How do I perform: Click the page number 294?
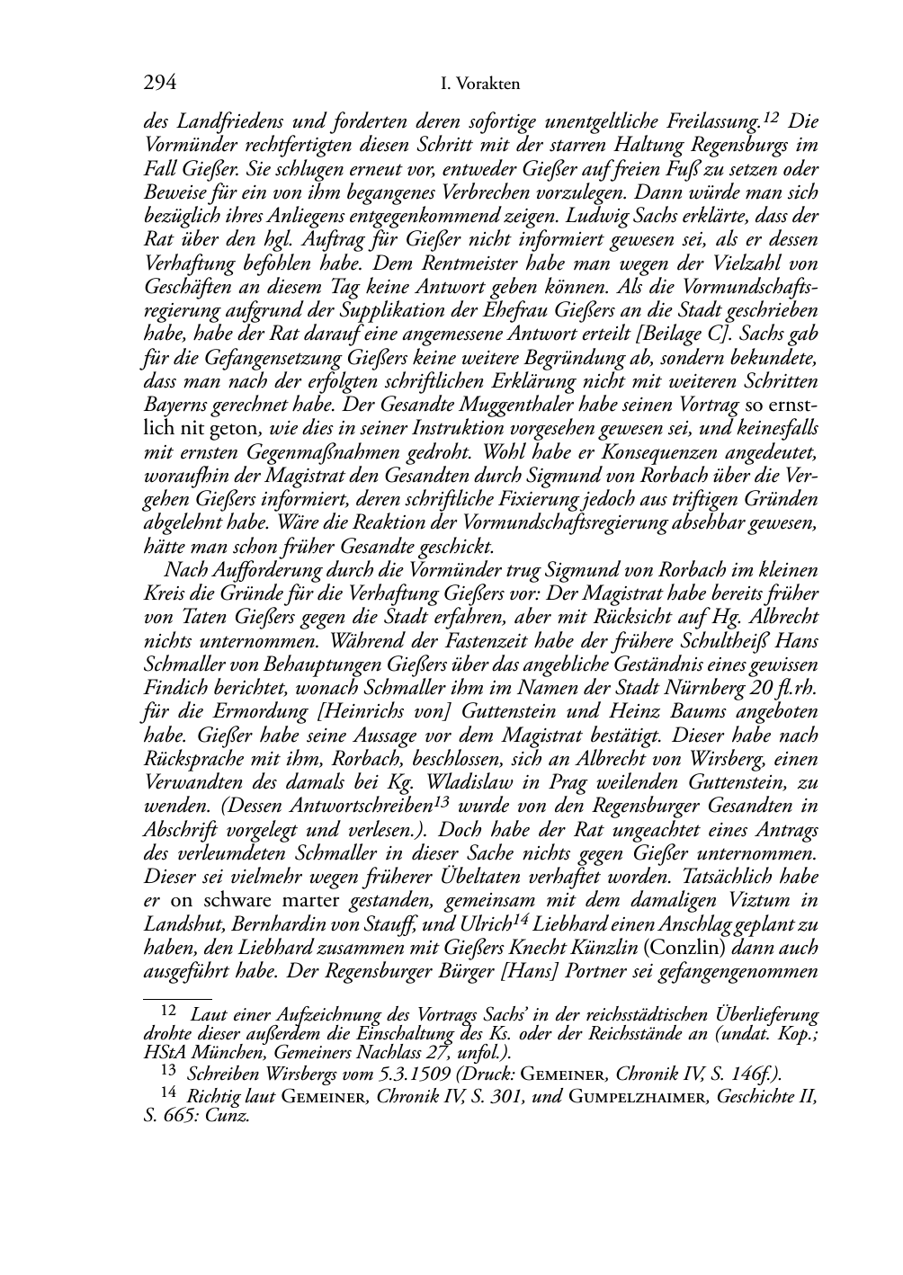(x=159, y=85)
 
